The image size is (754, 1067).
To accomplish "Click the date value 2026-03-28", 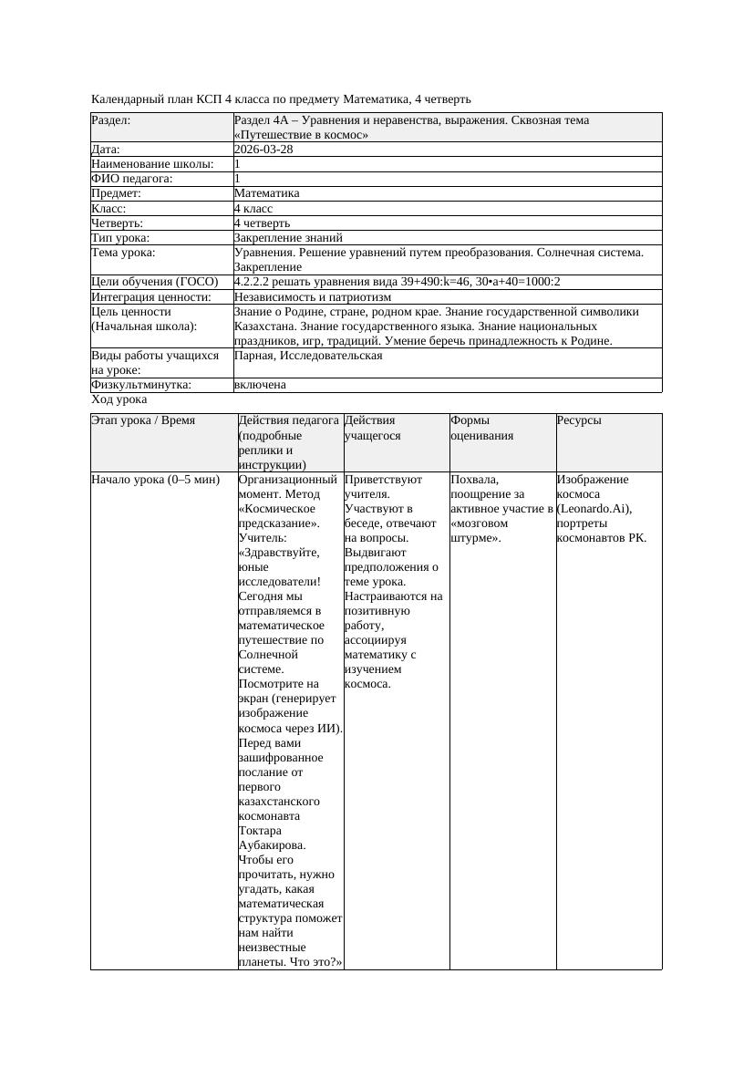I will [x=263, y=150].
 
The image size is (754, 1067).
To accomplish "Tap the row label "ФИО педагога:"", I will [x=132, y=179].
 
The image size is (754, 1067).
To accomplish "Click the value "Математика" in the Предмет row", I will [x=266, y=193].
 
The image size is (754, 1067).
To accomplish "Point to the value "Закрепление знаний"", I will [x=288, y=237].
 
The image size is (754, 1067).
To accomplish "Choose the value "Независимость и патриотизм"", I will [x=313, y=296].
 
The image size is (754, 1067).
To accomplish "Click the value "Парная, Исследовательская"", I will [x=308, y=356].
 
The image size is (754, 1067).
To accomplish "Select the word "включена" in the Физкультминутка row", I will [x=260, y=385].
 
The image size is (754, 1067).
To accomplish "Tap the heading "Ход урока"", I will [x=119, y=399].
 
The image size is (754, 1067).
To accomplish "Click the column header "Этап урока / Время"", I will [x=143, y=421].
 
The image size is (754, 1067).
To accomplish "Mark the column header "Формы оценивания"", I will [x=481, y=429].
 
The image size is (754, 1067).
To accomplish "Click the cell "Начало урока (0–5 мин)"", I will [x=156, y=480].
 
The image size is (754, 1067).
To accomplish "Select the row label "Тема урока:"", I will [x=123, y=253].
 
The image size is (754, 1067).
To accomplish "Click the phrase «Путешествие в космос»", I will [x=301, y=135].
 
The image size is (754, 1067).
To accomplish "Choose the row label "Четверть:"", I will [x=118, y=223].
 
